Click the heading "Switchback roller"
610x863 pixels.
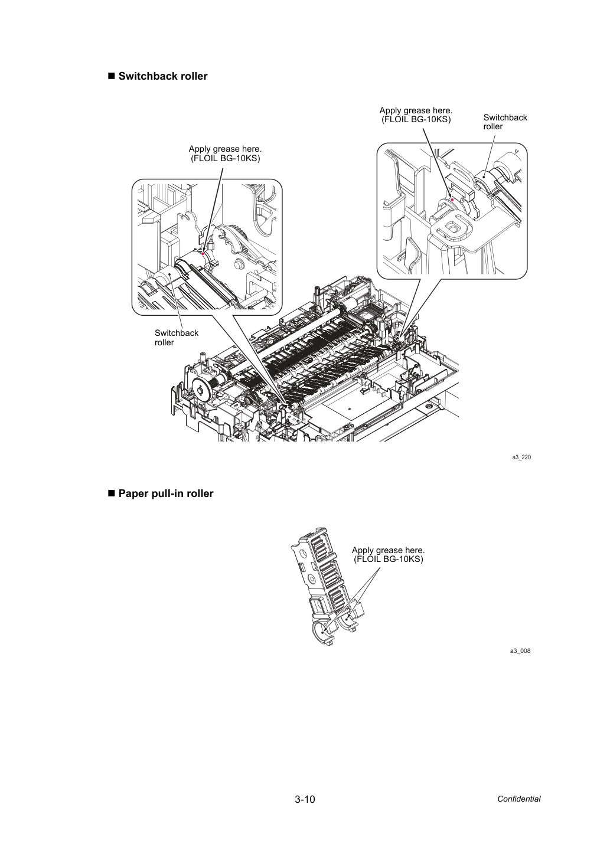(x=163, y=76)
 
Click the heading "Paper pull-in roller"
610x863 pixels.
(x=166, y=493)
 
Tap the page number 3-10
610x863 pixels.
(x=305, y=799)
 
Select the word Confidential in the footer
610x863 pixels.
(x=518, y=799)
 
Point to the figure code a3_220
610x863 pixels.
(x=521, y=457)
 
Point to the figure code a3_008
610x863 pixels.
(x=520, y=650)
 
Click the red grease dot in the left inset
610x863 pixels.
(x=203, y=253)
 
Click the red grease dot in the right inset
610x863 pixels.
(x=452, y=200)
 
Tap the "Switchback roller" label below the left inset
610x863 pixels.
(x=177, y=338)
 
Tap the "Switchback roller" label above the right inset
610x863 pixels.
(x=505, y=122)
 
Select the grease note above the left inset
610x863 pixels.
(x=226, y=153)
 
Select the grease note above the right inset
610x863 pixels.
(x=416, y=115)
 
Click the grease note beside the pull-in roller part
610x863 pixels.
(x=389, y=555)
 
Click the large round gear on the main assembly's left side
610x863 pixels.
(x=201, y=390)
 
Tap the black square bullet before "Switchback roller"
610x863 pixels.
(x=112, y=76)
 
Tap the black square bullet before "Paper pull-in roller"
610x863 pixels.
(x=112, y=493)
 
